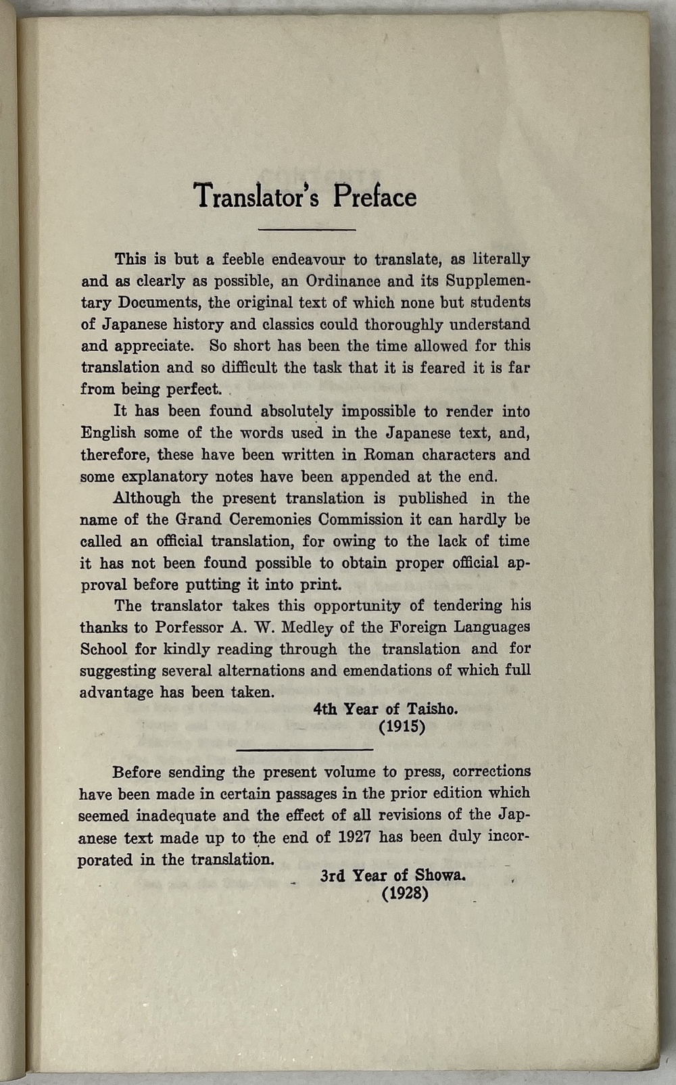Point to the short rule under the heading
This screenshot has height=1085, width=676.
307,230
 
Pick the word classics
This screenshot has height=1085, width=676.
282,324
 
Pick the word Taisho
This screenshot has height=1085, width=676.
433,709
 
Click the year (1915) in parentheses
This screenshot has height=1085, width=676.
402,727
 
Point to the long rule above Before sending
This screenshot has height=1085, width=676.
305,749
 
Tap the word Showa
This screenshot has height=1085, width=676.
440,875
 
